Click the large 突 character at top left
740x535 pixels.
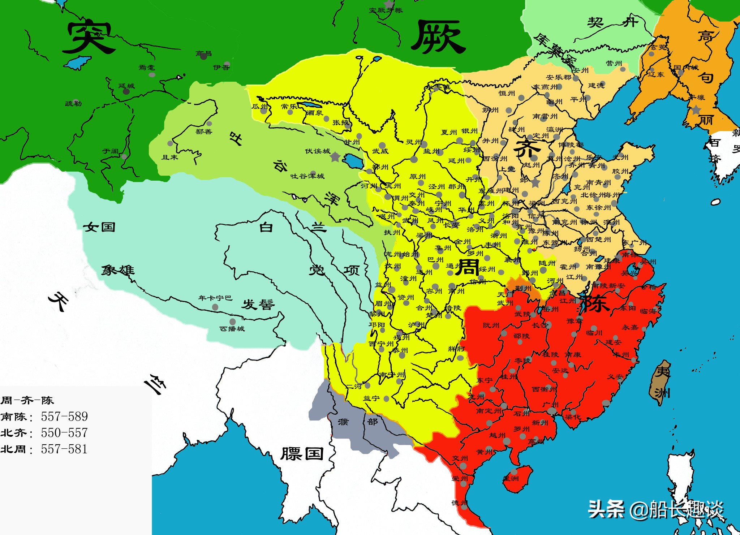tap(88, 37)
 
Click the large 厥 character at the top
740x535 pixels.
tap(438, 37)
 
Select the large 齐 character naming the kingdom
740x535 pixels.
tap(527, 149)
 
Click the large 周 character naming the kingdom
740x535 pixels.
tap(468, 267)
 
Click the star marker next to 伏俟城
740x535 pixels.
tap(335, 157)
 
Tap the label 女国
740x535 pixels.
tap(99, 227)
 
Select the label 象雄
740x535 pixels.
tap(117, 270)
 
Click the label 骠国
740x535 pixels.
tap(302, 454)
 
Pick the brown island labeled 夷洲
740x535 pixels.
tap(661, 383)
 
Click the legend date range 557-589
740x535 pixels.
tap(64, 417)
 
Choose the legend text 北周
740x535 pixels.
tap(14, 449)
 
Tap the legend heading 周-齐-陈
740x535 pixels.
tap(27, 400)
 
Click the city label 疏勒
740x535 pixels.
tap(73, 104)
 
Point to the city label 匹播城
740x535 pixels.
tap(232, 328)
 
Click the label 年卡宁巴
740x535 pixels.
tap(215, 298)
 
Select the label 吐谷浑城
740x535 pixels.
tap(307, 176)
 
